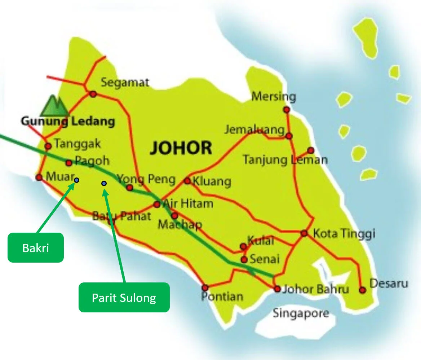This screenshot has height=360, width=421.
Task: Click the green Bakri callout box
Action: (x=36, y=247)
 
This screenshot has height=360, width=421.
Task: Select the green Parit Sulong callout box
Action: (x=124, y=297)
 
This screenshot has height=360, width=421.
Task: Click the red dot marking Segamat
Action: (x=93, y=94)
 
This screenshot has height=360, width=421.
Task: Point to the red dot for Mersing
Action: (x=287, y=110)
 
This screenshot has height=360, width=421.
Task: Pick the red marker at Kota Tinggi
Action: (x=304, y=233)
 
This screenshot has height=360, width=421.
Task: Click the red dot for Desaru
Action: (x=363, y=290)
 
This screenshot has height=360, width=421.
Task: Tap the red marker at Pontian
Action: (x=205, y=288)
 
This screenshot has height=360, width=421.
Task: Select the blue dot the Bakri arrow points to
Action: (x=76, y=180)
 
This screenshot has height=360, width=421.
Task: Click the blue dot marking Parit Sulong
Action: (x=104, y=184)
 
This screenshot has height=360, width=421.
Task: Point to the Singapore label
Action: (x=301, y=313)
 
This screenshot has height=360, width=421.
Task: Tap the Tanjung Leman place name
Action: (x=285, y=159)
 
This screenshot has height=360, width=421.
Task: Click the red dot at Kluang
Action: (x=187, y=181)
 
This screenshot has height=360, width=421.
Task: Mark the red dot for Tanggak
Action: (x=48, y=146)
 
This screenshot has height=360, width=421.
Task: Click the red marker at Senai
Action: (x=244, y=259)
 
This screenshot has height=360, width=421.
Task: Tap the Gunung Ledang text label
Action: (x=68, y=121)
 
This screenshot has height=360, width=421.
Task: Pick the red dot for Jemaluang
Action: (x=289, y=136)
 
